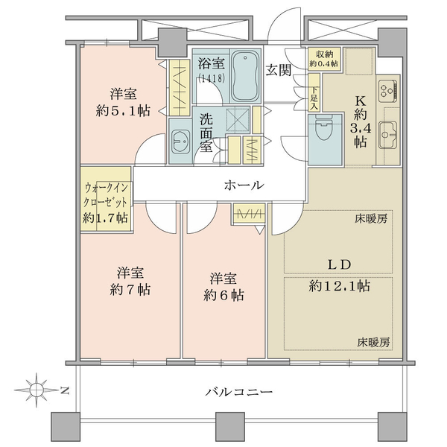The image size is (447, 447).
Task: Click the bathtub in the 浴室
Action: point(245,77)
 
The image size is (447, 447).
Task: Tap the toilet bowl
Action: point(325,128)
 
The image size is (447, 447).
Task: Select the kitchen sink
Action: point(387,135)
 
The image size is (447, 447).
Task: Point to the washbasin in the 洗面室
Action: point(180,142)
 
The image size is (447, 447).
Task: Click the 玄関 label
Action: point(279,70)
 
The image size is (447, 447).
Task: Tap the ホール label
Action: point(244,186)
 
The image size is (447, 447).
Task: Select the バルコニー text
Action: point(239,392)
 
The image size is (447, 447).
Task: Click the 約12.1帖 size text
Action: point(339,286)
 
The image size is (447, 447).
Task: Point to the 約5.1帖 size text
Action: point(123,110)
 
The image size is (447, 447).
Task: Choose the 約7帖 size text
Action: point(130,290)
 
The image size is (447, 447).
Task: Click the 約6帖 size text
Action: point(223,296)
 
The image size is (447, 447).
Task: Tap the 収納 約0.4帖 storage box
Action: point(324,59)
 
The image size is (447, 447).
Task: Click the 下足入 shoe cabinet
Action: point(314,92)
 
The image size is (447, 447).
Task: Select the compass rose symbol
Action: point(37,390)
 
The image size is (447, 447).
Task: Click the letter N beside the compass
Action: point(66,390)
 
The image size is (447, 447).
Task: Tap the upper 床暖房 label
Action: point(371,219)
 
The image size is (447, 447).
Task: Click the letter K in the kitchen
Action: point(360,101)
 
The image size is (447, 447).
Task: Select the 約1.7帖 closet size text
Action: point(105,218)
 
